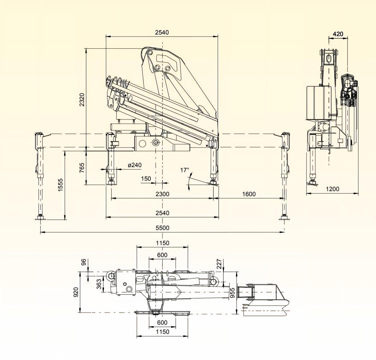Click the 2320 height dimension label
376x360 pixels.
point(82,99)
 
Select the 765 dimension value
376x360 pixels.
point(82,168)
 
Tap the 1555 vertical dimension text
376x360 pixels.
point(60,184)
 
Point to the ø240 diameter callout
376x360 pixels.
point(135,165)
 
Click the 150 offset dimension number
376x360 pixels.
point(146,178)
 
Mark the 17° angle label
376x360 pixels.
point(185,170)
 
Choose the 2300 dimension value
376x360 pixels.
point(162,194)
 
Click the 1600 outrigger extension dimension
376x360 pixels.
point(249,194)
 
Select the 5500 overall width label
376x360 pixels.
point(162,228)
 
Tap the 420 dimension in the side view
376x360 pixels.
point(338,34)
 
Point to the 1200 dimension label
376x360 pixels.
point(333,189)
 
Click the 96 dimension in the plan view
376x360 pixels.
point(83,262)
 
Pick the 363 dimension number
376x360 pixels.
point(99,284)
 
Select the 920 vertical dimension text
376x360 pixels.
point(76,292)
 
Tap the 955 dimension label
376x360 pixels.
point(232,293)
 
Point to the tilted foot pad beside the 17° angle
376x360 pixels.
point(213,183)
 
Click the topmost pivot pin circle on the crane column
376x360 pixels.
point(150,52)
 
